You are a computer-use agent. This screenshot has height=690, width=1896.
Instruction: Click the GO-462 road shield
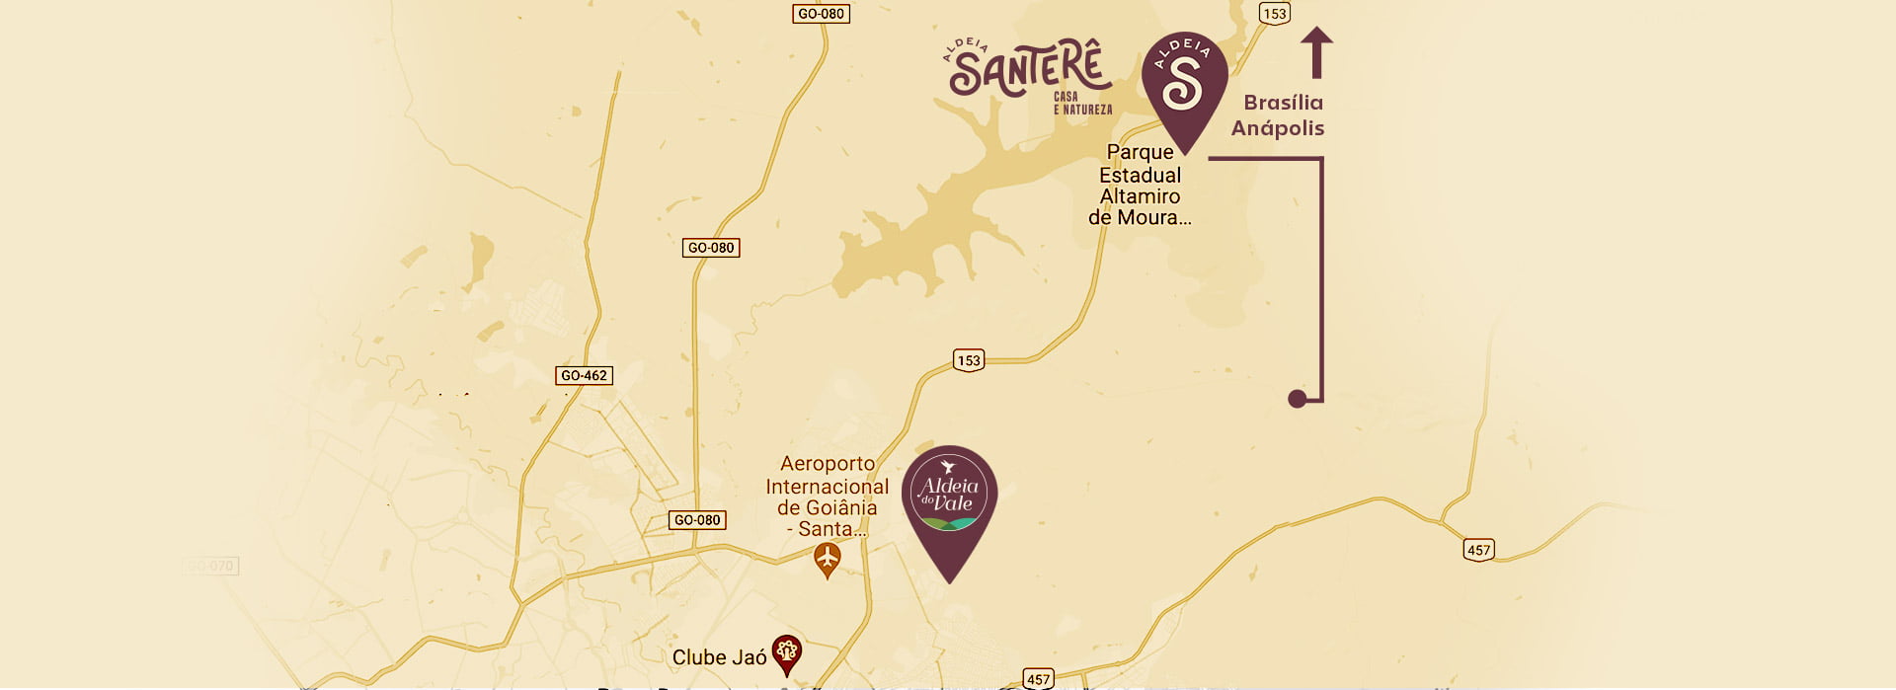[x=584, y=375]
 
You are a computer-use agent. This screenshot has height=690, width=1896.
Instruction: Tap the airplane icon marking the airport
[x=828, y=560]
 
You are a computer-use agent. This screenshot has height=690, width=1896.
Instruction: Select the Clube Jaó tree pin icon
[x=786, y=652]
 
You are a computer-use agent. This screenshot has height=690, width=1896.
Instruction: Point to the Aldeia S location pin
[x=1184, y=84]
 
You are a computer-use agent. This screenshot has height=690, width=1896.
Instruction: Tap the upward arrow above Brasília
[x=1316, y=52]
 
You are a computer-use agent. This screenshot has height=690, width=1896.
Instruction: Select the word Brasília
[x=1283, y=103]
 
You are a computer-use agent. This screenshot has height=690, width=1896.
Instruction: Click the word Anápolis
[x=1277, y=128]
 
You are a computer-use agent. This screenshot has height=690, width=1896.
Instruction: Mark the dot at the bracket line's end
[x=1298, y=398]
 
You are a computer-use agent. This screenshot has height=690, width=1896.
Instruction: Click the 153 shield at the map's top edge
[x=1274, y=14]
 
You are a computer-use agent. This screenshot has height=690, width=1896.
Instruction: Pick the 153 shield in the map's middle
[x=969, y=360]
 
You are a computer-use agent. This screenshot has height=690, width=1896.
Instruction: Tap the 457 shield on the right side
[x=1478, y=550]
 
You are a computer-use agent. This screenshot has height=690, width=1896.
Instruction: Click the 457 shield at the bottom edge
[x=1038, y=678]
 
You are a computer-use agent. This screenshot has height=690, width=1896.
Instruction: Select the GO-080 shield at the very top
[x=821, y=14]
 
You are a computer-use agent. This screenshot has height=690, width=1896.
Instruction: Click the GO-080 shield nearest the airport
[x=697, y=520]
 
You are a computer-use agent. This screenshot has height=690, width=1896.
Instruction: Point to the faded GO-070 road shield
[x=210, y=566]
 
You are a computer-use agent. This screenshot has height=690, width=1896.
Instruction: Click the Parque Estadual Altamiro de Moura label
[x=1140, y=185]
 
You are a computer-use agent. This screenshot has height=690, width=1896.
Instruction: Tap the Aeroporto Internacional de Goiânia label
[x=827, y=496]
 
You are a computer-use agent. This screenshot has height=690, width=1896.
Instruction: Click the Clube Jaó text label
[x=719, y=657]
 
